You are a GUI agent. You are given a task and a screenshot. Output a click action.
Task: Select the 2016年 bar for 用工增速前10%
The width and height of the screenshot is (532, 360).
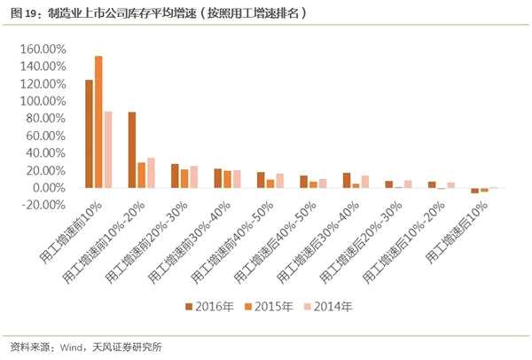[x=89, y=134]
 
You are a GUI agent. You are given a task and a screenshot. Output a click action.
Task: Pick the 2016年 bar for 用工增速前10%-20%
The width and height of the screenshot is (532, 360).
[x=132, y=150]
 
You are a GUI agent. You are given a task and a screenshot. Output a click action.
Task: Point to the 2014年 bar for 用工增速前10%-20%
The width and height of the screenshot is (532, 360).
[x=151, y=173]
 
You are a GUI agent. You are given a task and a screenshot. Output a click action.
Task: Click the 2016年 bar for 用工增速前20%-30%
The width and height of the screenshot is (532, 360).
[x=175, y=176]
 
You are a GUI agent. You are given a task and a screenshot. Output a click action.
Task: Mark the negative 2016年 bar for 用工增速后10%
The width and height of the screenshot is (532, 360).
[x=475, y=191]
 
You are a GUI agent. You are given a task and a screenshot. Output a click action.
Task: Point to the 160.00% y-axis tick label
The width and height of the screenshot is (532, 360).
[x=42, y=50]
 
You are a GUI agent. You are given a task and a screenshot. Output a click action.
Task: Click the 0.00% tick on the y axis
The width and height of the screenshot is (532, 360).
[x=48, y=188]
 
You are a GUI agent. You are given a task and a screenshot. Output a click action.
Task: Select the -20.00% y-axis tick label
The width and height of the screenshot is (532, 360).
[x=43, y=205]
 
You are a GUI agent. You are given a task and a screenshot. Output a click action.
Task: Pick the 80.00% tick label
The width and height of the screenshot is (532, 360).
[x=44, y=119]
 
